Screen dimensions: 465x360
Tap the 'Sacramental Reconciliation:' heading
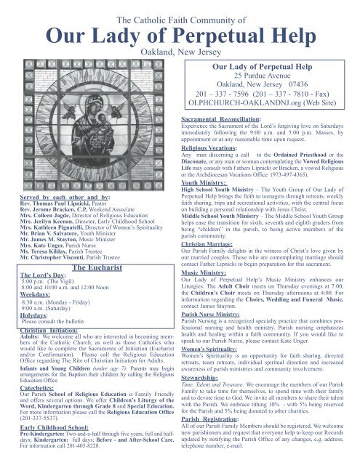[x=231, y=118]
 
